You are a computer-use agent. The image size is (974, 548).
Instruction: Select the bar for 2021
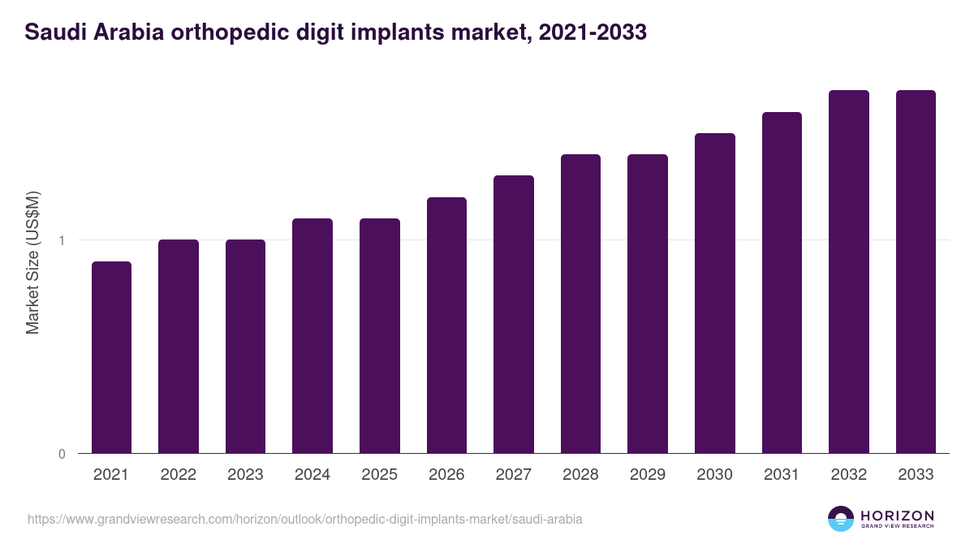pyautogui.click(x=111, y=357)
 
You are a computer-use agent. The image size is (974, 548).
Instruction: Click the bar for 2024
pyautogui.click(x=312, y=335)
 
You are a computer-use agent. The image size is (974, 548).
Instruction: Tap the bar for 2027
pyautogui.click(x=514, y=314)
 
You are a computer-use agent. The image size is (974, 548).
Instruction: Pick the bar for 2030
pyautogui.click(x=715, y=293)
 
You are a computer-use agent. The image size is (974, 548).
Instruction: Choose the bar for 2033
pyautogui.click(x=916, y=271)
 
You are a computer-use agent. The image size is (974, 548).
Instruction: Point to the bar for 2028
pyautogui.click(x=580, y=304)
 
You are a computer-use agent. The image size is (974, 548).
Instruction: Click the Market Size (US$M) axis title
pyautogui.click(x=32, y=261)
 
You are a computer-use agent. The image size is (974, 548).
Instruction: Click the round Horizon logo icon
pyautogui.click(x=841, y=519)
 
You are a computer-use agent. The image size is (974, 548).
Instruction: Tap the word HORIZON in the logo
pyautogui.click(x=897, y=515)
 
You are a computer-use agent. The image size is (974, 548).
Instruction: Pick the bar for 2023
pyautogui.click(x=245, y=347)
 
